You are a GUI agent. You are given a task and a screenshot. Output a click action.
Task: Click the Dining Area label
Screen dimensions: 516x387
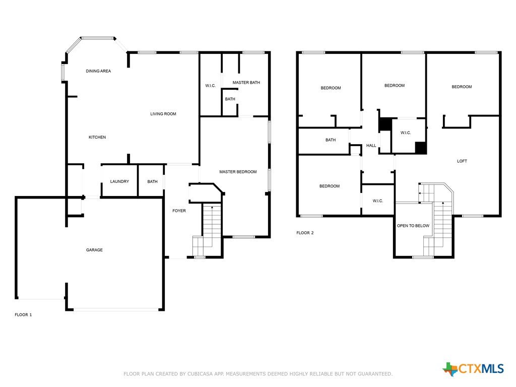[98, 71]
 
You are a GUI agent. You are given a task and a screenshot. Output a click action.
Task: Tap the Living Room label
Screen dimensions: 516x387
[163, 114]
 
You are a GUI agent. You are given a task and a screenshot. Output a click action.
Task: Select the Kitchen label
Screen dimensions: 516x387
[97, 137]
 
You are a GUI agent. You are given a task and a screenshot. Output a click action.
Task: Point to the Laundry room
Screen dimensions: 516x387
[119, 181]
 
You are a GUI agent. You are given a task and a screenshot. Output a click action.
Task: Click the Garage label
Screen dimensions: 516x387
[94, 250]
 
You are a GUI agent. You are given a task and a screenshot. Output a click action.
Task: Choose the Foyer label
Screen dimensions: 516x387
[179, 211]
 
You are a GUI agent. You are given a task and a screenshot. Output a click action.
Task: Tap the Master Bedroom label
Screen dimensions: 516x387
[238, 172]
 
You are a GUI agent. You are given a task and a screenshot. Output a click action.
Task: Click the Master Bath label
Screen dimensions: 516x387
[246, 83]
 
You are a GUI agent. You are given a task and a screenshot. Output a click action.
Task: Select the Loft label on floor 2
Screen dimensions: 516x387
[462, 161]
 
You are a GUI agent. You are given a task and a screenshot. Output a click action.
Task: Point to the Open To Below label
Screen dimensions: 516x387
[413, 226]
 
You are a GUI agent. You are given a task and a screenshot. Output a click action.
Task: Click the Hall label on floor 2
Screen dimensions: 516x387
[371, 146]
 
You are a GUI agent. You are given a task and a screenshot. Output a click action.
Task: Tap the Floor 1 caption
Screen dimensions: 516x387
[23, 315]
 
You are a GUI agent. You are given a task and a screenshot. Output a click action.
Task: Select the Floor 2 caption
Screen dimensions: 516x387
[305, 233]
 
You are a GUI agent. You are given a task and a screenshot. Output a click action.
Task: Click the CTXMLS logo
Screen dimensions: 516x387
[473, 369]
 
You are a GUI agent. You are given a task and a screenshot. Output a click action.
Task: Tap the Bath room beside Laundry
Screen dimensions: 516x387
[151, 181]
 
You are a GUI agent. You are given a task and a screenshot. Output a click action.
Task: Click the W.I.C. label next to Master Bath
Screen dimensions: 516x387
[211, 86]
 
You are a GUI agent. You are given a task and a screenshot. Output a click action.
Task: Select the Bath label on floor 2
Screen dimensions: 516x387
[331, 140]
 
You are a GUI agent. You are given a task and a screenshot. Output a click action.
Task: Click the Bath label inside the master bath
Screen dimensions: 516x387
[230, 99]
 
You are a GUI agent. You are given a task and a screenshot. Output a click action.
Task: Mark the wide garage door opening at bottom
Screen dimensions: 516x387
[116, 310]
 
